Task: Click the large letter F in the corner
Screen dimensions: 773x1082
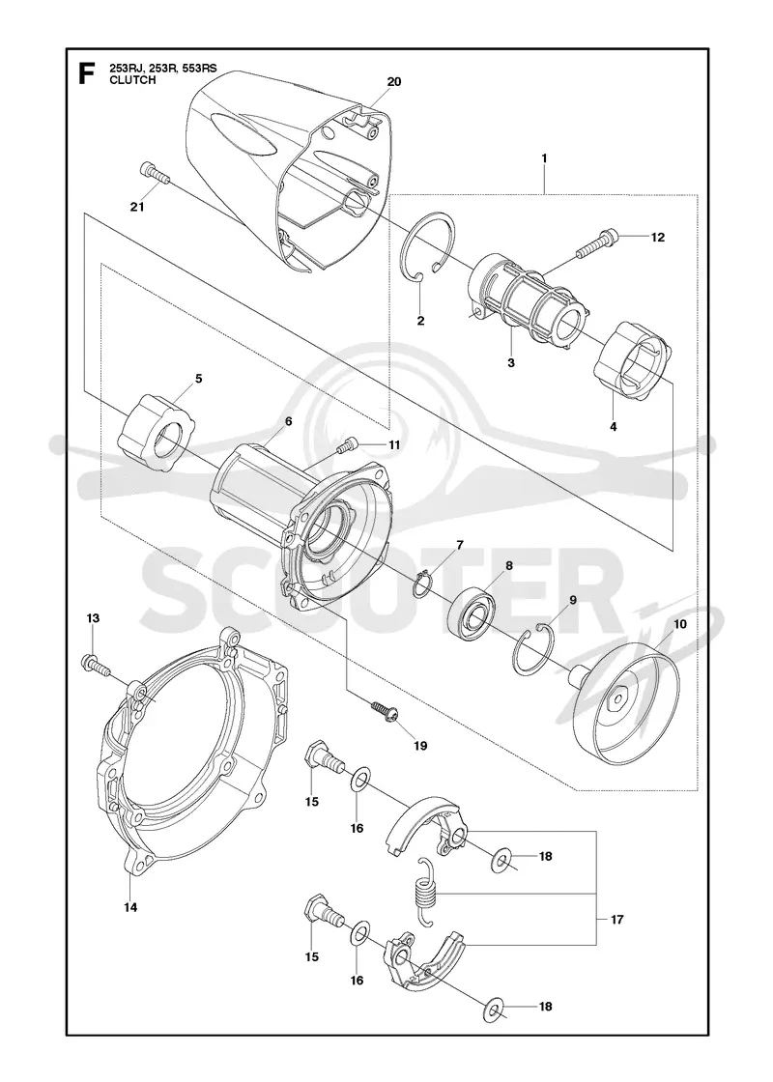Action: tap(86, 73)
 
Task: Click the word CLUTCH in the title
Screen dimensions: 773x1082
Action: tap(132, 80)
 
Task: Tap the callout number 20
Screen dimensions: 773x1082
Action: tap(393, 81)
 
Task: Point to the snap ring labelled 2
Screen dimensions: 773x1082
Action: tap(429, 246)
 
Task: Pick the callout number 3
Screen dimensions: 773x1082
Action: tap(511, 363)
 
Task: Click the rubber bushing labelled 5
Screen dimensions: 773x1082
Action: tap(156, 434)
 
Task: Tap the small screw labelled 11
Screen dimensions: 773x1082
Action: tap(347, 444)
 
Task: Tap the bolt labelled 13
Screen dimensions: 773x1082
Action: tap(96, 665)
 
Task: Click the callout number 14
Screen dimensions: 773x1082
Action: tap(130, 907)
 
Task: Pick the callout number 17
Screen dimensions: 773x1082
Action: tap(617, 919)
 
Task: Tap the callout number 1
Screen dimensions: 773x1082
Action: tap(545, 158)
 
